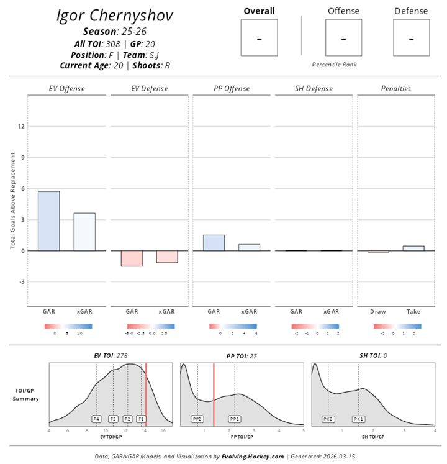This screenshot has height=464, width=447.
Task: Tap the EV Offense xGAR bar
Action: (x=84, y=232)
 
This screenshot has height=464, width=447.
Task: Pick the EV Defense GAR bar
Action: (x=132, y=258)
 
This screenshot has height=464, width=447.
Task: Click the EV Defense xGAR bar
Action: (x=167, y=257)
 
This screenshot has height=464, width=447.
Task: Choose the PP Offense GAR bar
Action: (x=214, y=243)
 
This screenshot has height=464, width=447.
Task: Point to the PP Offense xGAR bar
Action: (x=249, y=247)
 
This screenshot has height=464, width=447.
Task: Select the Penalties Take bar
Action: (x=413, y=248)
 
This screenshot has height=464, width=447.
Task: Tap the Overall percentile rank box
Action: (x=259, y=37)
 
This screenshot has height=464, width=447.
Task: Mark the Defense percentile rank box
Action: (x=411, y=37)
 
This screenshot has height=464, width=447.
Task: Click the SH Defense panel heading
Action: (x=314, y=89)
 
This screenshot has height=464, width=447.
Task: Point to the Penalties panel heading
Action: (x=395, y=89)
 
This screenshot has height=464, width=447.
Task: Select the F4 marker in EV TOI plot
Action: (x=97, y=419)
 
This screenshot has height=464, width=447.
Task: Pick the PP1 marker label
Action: (x=235, y=419)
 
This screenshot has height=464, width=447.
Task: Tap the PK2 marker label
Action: (x=328, y=419)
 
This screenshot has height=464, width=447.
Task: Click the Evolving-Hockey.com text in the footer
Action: (x=253, y=456)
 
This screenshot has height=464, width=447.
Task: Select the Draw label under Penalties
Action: (x=378, y=311)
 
